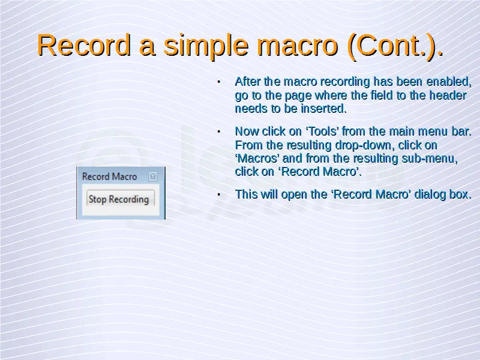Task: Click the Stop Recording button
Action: point(121,199)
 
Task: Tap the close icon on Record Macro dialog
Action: point(153,176)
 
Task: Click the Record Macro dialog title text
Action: point(109,176)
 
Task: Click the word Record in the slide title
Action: point(83,46)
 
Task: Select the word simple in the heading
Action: point(206,46)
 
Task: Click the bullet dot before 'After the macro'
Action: point(219,82)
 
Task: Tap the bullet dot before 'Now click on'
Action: point(219,131)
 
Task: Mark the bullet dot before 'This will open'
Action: point(219,194)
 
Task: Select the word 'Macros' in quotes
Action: point(257,158)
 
